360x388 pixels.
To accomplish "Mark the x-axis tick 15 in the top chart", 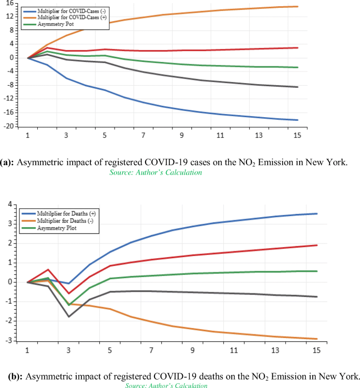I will [297, 135].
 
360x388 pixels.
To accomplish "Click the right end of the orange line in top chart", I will [297, 7].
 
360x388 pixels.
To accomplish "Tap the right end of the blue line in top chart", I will [297, 120].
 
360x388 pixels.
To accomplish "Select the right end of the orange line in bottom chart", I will [316, 339].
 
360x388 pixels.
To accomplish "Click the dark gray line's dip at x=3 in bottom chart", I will [68, 316].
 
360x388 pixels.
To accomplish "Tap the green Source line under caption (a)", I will [156, 172].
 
